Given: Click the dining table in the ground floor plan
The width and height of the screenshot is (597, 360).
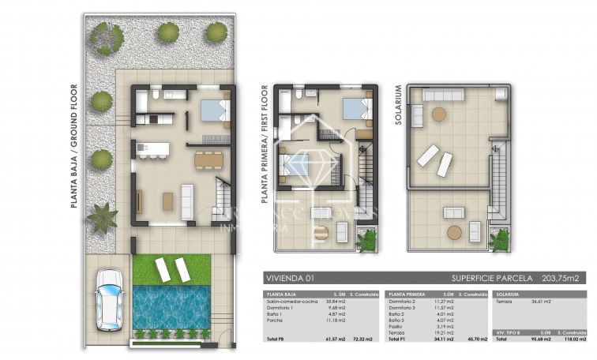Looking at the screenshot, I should click(x=208, y=159).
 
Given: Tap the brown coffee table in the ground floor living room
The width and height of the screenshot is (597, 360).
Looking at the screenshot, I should click(x=167, y=201).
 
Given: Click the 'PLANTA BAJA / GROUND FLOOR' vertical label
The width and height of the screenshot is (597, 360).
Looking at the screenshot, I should click(x=73, y=146).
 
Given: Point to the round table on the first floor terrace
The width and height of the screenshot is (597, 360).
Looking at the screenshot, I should click(x=321, y=232).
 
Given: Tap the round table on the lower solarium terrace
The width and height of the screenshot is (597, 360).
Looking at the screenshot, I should click(x=455, y=233).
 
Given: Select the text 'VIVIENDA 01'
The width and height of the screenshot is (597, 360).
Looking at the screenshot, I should click(x=289, y=279).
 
